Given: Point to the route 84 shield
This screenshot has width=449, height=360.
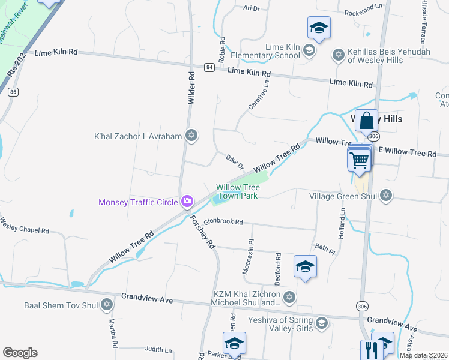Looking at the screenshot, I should click(208, 67).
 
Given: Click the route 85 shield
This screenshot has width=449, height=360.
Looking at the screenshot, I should click(13, 92).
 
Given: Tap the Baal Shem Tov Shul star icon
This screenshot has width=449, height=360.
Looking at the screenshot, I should click(107, 305).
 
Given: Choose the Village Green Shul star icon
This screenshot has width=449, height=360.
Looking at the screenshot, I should click(386, 196).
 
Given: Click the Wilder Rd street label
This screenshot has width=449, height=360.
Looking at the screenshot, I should click(192, 89).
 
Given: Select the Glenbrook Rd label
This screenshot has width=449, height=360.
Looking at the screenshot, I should click(223, 222).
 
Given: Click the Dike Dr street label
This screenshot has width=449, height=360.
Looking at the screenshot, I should click(235, 161).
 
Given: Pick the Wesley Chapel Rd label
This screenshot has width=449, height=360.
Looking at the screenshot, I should click(24, 227).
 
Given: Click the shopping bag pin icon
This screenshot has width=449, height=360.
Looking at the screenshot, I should click(366, 120).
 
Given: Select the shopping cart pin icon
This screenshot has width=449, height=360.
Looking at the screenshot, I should click(358, 160).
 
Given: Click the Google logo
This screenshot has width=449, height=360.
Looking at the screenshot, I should click(20, 353).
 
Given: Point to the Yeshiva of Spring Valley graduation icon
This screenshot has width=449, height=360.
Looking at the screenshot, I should click(322, 324).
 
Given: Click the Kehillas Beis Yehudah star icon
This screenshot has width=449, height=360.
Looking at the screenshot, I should click(338, 55).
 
